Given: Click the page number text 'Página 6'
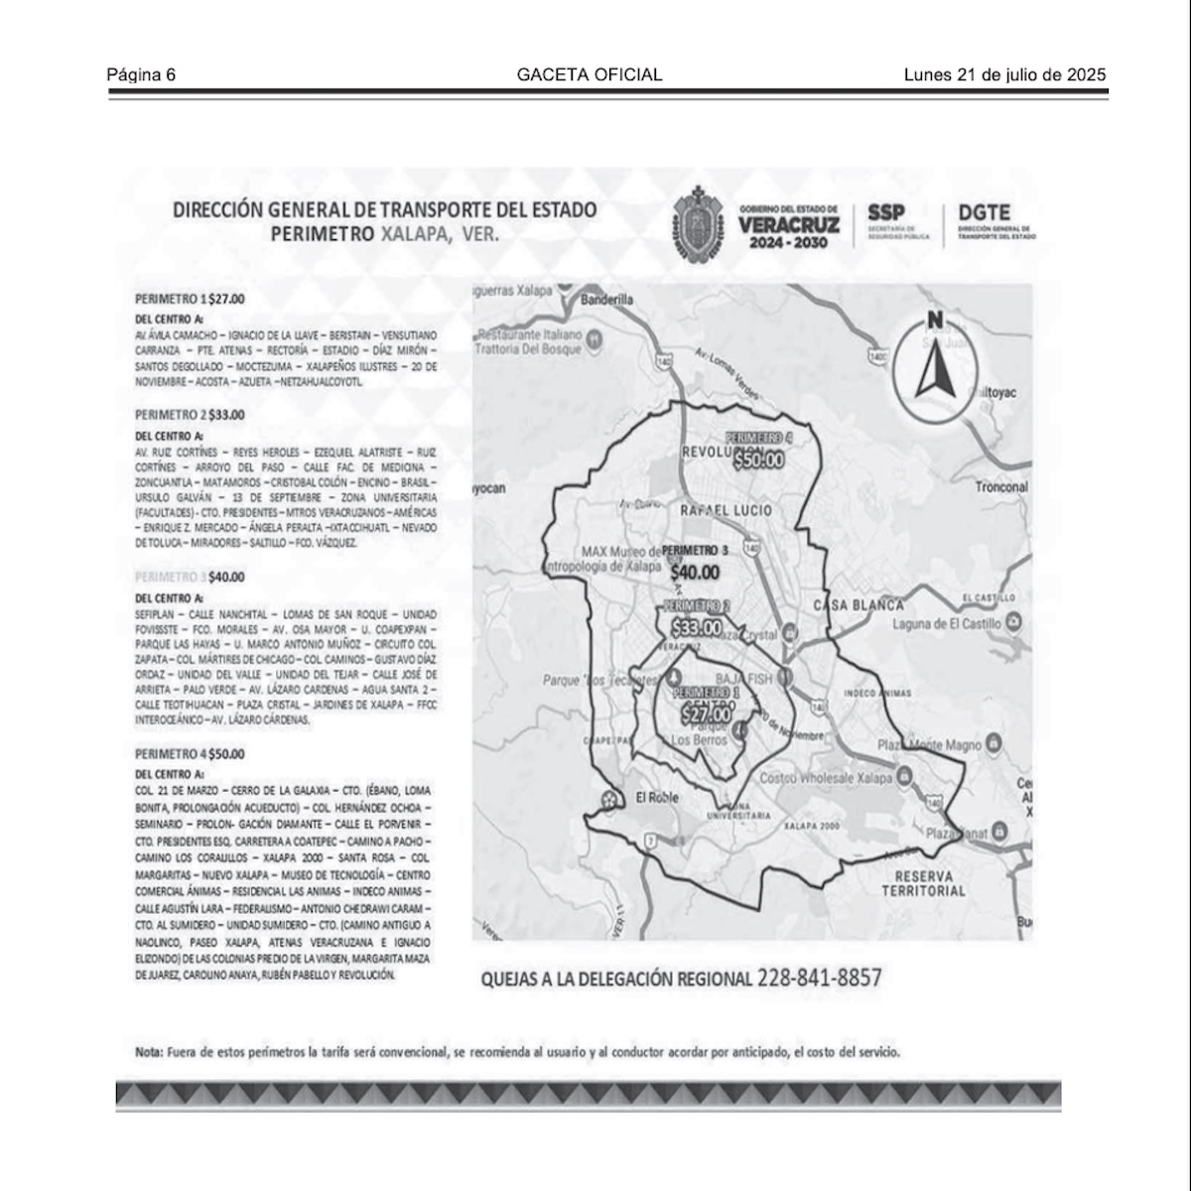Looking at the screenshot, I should (x=141, y=75).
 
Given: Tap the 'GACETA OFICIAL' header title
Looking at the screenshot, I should (x=590, y=75).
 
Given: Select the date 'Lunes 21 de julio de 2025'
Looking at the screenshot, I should (x=1004, y=75).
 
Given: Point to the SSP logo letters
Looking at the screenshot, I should (x=886, y=212).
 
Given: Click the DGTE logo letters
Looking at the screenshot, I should (x=984, y=212).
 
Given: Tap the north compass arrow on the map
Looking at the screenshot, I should (x=933, y=361).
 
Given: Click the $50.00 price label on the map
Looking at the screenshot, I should (x=759, y=460).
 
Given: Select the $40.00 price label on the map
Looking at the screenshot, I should (x=695, y=573).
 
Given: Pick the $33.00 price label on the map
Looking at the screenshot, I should (x=697, y=628).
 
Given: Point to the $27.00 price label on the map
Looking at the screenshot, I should (x=706, y=713).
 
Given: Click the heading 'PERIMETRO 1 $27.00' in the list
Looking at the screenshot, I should (x=190, y=298).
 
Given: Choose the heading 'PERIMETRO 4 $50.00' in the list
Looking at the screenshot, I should (x=190, y=754).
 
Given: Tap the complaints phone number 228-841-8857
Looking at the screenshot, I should (x=819, y=978).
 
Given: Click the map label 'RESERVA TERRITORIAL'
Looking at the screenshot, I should (x=923, y=883).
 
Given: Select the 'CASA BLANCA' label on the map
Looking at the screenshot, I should (x=859, y=605).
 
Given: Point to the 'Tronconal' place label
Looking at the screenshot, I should (x=1001, y=487).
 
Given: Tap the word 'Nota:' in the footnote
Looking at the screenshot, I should (x=150, y=1052).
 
